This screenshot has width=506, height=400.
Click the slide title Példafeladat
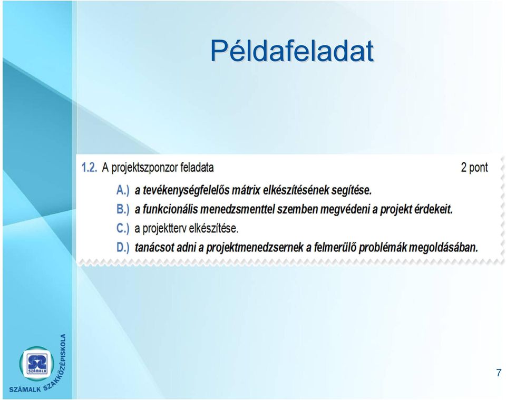(292, 51)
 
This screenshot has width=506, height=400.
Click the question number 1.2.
(89, 168)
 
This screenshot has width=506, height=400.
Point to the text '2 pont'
(474, 168)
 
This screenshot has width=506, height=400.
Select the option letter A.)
(123, 190)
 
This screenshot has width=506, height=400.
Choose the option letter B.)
(123, 209)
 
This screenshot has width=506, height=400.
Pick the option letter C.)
(123, 228)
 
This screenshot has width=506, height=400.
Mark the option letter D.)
(123, 247)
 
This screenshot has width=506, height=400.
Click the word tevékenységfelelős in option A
(186, 191)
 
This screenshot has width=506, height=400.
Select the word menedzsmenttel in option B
(237, 209)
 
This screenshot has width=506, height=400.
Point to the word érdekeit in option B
(433, 209)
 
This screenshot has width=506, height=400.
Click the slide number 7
(499, 373)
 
